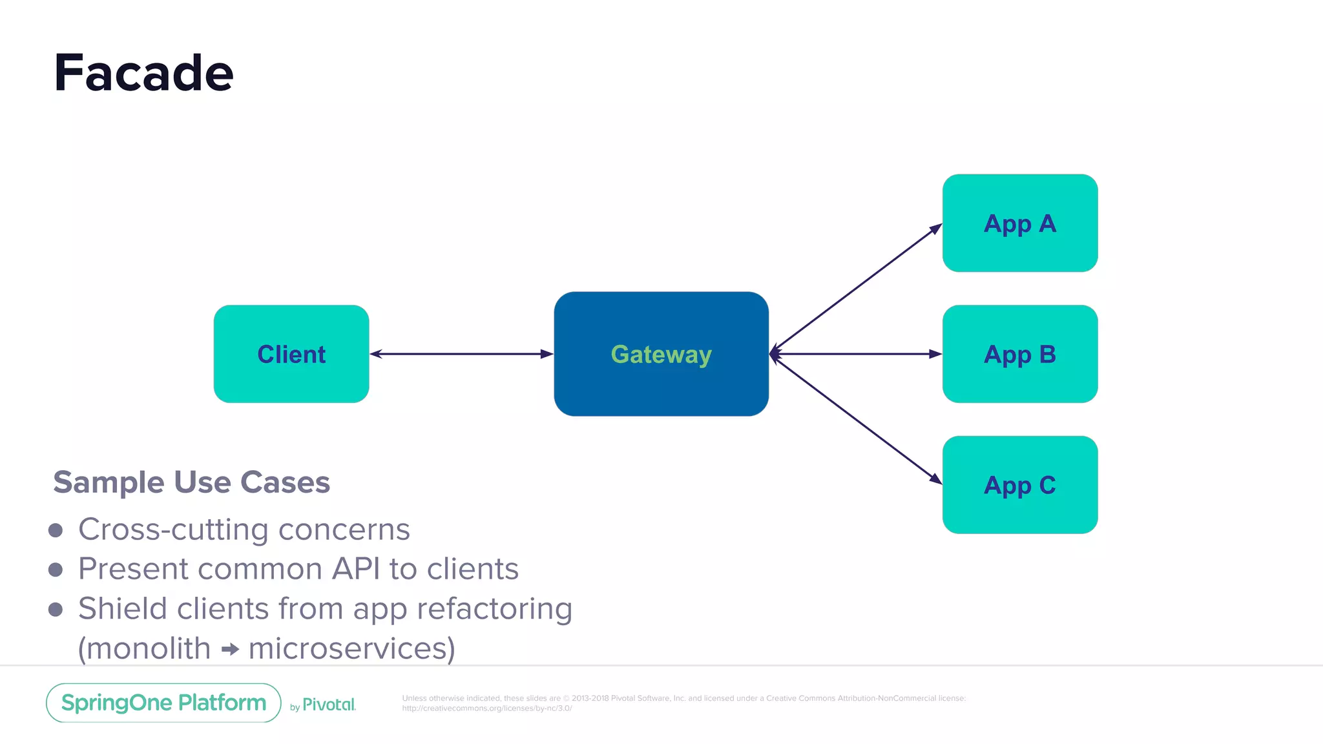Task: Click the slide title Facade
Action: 143,74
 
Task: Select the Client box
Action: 291,354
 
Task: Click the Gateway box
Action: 661,354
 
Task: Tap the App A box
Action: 1019,223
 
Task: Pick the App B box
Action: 1019,354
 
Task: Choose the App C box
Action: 1019,485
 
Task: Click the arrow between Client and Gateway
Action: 461,354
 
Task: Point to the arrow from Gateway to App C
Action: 856,420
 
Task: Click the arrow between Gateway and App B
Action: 856,354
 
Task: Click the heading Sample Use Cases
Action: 191,482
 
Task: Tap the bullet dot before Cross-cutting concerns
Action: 56,530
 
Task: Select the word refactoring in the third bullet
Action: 494,609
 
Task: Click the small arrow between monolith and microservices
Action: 230,649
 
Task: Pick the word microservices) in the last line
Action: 352,648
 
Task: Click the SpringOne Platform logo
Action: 163,703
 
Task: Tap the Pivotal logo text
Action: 328,705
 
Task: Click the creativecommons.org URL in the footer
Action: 487,708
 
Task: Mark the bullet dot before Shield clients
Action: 56,610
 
